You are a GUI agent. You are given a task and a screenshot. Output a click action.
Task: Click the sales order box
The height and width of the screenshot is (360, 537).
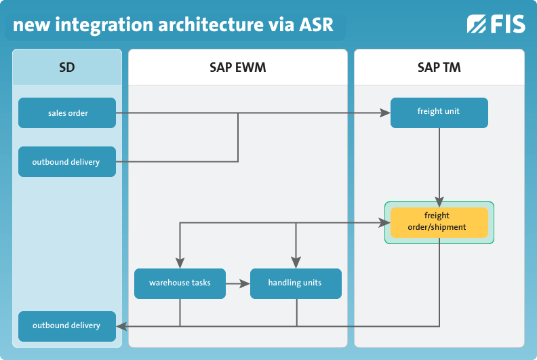tap(67, 113)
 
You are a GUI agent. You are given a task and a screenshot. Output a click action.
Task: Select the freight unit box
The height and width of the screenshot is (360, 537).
tap(439, 113)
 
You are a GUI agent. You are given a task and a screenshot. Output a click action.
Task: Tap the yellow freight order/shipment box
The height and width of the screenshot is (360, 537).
tap(439, 222)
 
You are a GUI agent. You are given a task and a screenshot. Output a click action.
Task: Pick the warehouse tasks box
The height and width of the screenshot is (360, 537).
tap(180, 283)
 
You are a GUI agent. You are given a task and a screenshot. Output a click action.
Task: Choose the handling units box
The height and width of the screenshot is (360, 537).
tap(296, 283)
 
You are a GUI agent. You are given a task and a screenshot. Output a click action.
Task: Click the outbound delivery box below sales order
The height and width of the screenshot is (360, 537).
tap(67, 161)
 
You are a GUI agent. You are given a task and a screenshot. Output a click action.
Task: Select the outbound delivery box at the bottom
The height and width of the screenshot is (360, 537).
tap(67, 326)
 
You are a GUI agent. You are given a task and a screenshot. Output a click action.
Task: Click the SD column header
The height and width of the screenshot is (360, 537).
tap(67, 67)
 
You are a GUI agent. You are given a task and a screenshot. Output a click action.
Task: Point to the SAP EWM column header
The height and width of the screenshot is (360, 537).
tap(238, 67)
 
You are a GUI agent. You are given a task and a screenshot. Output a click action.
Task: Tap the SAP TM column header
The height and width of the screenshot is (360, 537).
tap(439, 67)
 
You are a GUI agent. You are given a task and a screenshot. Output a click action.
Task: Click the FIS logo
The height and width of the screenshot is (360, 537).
tap(496, 24)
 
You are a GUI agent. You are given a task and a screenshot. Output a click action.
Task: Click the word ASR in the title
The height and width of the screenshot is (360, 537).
tap(316, 24)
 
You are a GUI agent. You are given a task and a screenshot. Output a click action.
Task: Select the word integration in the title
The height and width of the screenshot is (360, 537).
tap(104, 25)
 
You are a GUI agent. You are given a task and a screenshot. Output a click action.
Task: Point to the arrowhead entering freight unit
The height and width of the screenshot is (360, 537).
tap(385, 113)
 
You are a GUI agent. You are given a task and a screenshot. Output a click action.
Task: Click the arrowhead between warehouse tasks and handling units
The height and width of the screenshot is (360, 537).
tap(245, 283)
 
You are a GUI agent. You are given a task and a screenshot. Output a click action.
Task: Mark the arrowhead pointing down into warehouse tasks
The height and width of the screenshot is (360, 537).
tap(180, 263)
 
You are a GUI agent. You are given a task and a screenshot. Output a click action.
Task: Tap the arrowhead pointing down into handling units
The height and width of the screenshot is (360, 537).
tap(296, 263)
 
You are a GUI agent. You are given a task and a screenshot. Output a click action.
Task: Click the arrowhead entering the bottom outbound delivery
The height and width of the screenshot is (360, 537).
tap(121, 326)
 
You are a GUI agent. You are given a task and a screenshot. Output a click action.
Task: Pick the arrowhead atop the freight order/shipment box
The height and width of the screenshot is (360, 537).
tap(439, 202)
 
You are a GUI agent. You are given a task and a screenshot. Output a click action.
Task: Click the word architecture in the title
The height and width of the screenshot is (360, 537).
tap(209, 24)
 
